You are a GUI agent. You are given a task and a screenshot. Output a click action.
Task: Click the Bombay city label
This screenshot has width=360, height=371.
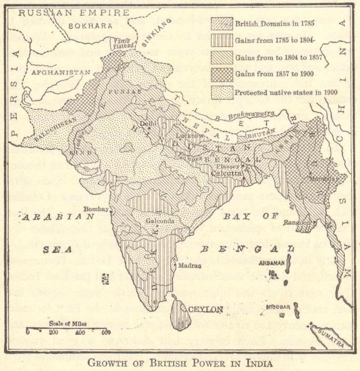[97, 210]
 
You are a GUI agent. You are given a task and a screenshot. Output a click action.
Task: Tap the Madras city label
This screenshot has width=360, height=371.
[190, 265]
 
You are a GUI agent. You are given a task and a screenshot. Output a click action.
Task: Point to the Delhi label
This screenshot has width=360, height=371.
[148, 123]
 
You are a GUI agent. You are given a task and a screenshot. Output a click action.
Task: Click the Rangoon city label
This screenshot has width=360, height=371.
[297, 223]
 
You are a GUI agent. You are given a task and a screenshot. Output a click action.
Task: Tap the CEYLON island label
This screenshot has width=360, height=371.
[206, 309]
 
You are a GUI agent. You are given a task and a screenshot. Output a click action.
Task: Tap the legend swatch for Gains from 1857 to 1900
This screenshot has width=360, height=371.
[222, 75]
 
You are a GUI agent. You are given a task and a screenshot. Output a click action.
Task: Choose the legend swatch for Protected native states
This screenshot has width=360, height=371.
[222, 93]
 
